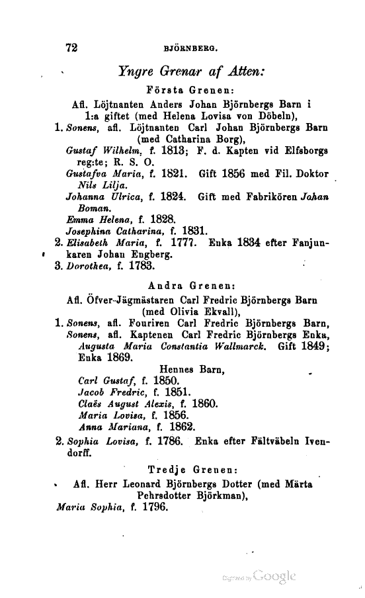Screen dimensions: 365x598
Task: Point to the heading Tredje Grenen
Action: [191, 470]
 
